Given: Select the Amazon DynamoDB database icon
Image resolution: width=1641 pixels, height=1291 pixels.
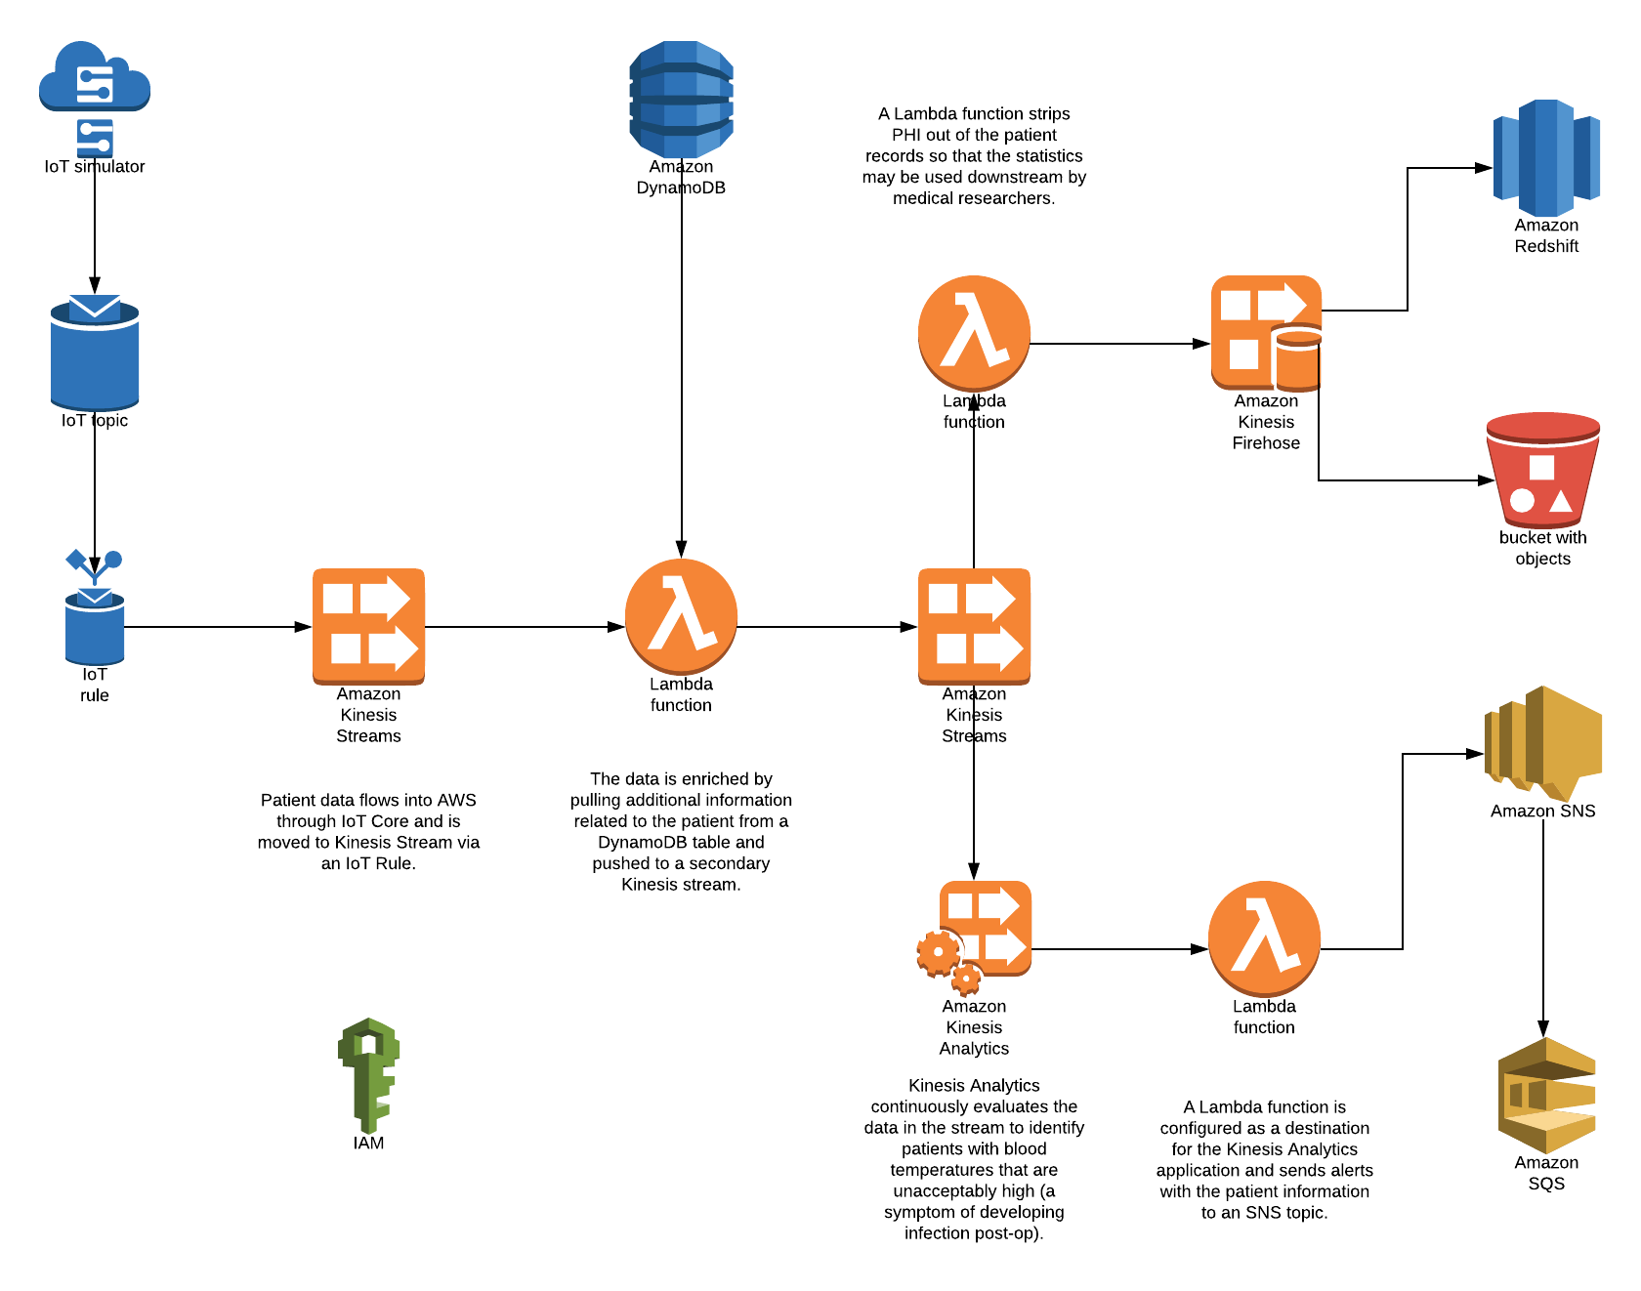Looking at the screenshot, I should click(681, 99).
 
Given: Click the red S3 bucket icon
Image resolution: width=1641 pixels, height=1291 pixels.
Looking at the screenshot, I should click(1542, 470).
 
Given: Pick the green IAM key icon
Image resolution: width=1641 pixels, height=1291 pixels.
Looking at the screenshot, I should click(368, 1074).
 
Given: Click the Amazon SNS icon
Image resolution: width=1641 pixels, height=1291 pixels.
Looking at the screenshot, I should click(1542, 743).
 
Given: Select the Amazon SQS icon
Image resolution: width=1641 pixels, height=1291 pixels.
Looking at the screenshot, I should click(1546, 1095).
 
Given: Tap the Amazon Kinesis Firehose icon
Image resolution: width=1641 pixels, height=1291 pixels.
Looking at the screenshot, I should click(1266, 333).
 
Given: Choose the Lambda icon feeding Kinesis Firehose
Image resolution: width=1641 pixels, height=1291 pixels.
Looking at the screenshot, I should click(974, 333).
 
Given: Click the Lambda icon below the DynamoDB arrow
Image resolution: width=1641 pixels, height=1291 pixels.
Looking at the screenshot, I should click(681, 616).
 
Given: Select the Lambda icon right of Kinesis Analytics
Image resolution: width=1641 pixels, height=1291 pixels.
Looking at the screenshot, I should click(1264, 938).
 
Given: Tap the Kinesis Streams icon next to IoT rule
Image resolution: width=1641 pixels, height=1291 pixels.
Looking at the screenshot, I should click(368, 626).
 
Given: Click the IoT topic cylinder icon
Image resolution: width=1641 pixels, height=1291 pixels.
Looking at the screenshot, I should click(95, 353).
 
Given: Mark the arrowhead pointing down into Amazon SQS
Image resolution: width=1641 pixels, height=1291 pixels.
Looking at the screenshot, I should click(1543, 1028).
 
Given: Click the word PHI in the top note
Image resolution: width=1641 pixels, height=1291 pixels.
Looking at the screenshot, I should click(906, 135).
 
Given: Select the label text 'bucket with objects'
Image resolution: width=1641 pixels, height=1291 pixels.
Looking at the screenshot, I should click(1542, 548).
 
